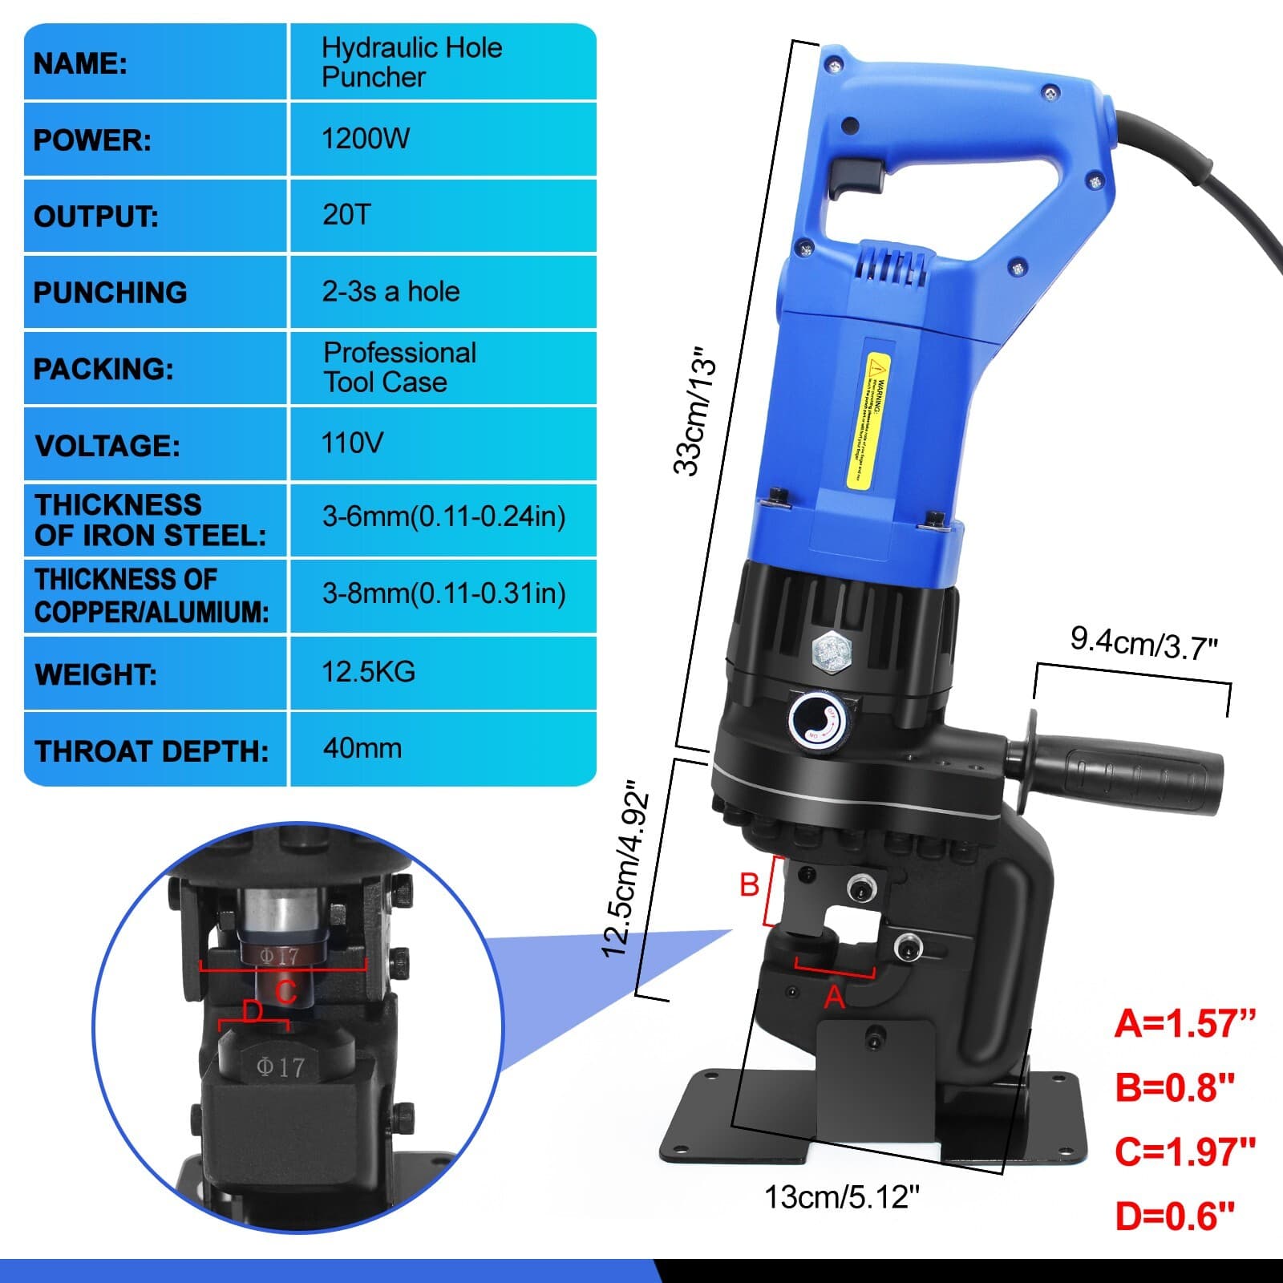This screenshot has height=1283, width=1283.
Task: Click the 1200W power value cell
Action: coord(366,139)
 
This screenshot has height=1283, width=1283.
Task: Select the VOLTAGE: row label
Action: coord(107,446)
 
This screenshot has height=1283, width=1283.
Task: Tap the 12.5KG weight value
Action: coord(368,671)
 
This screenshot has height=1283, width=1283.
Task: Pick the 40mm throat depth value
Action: coord(362,748)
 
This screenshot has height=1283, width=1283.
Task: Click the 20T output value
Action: coord(346,215)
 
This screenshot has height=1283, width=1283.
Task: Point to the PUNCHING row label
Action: coord(110,293)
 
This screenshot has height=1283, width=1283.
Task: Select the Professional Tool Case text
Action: coord(399,367)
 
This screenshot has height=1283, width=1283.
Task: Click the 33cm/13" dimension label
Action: coord(694,411)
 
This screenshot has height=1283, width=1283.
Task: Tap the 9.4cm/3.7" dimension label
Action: coord(1143,643)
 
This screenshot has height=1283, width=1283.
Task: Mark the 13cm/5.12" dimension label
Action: coord(841,1197)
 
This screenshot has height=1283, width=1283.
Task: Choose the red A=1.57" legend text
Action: coord(1184,1024)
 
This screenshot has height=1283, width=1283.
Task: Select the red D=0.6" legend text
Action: coord(1174,1216)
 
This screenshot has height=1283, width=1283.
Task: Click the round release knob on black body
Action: coord(818,719)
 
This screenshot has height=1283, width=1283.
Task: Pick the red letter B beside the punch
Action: coord(749,885)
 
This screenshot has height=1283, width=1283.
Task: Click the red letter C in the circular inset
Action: coord(286,992)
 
